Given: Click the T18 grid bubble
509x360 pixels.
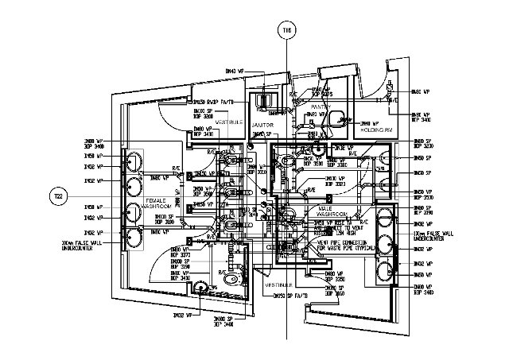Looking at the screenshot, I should (x=287, y=31).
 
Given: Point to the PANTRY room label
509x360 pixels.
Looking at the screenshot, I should (x=321, y=106).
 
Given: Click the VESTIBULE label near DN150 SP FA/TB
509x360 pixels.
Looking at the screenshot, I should (x=278, y=284).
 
